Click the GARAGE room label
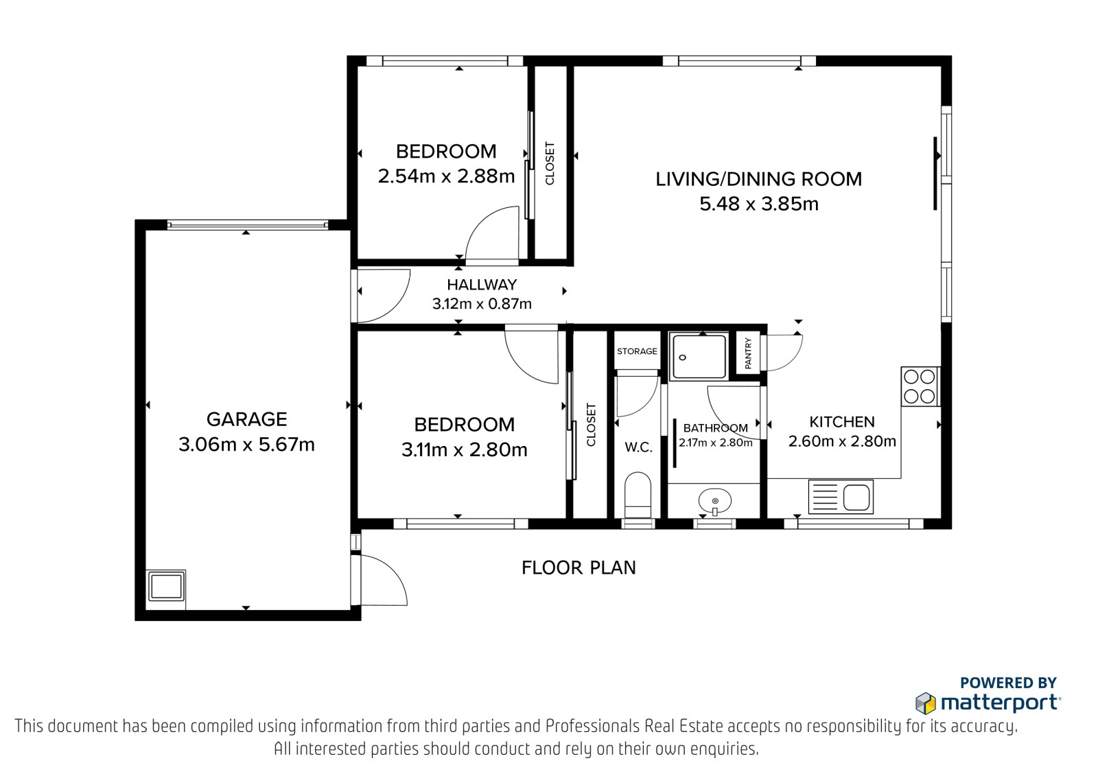(x=246, y=420)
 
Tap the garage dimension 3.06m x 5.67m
(x=246, y=445)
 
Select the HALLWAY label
(x=482, y=285)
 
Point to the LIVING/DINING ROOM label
(x=759, y=179)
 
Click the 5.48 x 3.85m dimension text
(x=759, y=204)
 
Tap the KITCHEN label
(x=841, y=422)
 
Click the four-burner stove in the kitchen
(x=920, y=386)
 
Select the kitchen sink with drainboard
(x=841, y=497)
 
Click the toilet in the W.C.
(x=638, y=495)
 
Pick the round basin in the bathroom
(x=715, y=501)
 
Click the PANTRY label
(x=748, y=353)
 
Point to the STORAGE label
(x=637, y=351)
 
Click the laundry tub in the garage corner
(x=167, y=586)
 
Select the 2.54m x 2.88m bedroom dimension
(x=446, y=176)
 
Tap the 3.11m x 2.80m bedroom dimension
(x=464, y=449)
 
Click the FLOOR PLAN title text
(x=579, y=567)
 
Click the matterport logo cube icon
(x=926, y=703)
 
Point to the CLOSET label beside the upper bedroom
(x=550, y=163)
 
